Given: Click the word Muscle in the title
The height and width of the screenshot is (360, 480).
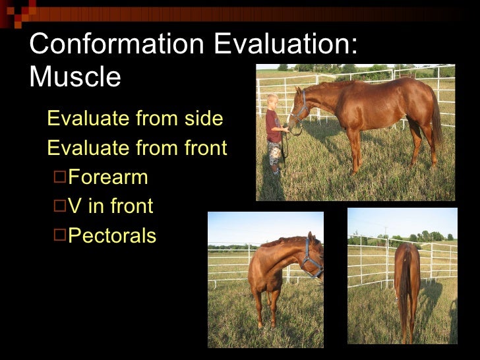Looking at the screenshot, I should click(x=75, y=77).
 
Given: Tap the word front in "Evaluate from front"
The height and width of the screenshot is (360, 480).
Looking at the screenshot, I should click(x=204, y=148).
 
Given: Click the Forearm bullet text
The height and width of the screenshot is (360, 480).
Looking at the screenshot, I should click(x=108, y=177).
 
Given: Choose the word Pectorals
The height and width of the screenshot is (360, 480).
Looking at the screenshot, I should click(x=112, y=235).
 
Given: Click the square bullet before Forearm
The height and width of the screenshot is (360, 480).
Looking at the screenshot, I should click(x=59, y=177).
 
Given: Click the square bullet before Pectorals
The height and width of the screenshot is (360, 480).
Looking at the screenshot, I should click(x=59, y=235).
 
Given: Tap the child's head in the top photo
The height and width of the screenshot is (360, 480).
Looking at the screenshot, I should click(x=272, y=101).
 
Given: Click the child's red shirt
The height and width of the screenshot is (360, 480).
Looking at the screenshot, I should click(x=272, y=126).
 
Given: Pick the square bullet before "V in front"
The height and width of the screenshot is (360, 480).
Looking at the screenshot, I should click(x=59, y=206).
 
